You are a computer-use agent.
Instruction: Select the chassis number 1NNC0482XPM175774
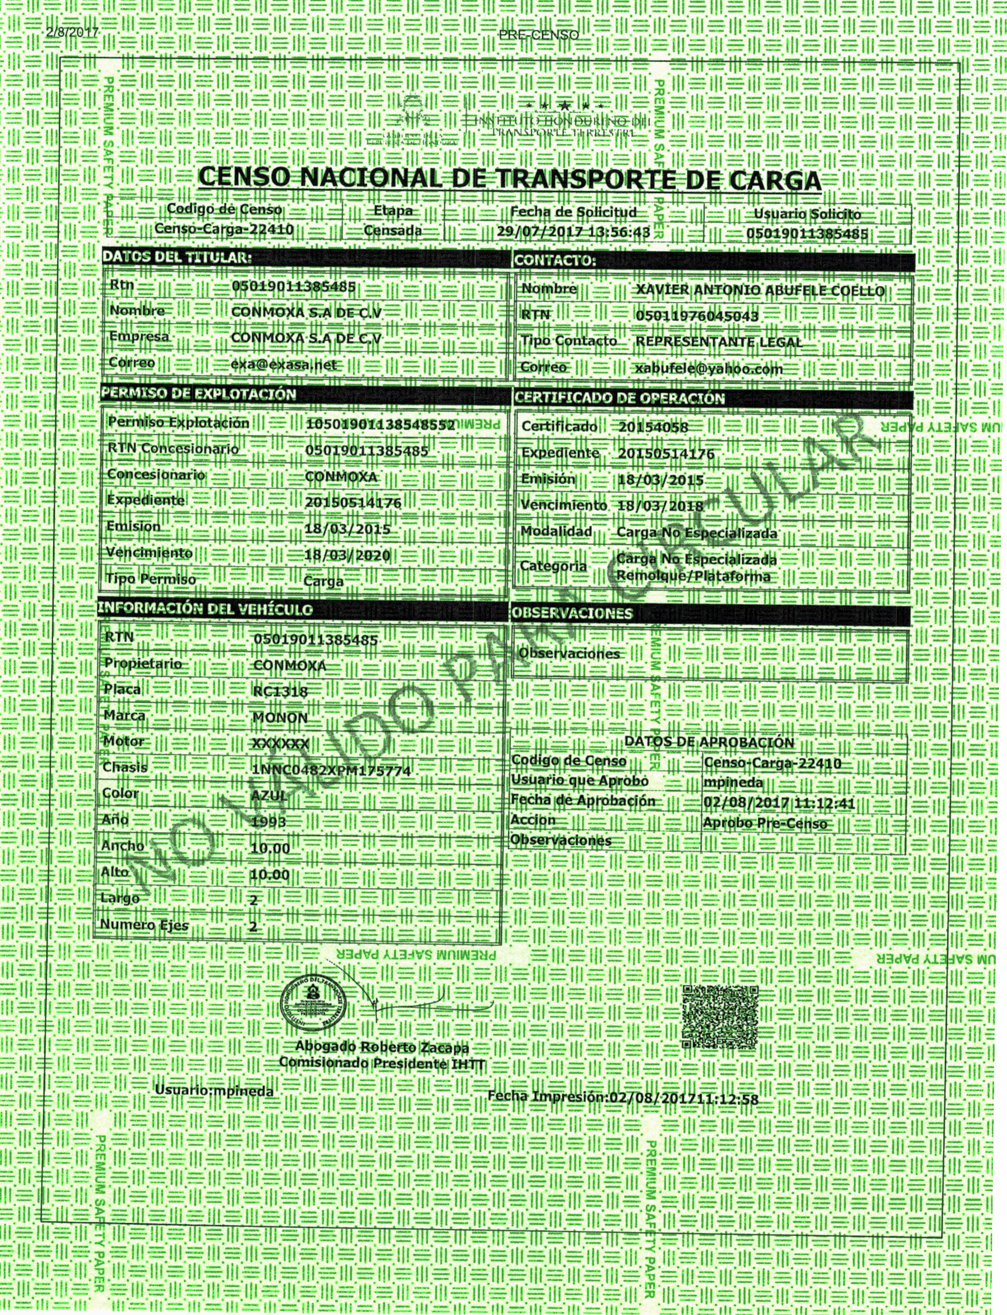click(331, 770)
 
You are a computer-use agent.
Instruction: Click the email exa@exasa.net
click(284, 364)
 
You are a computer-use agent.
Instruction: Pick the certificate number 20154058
click(653, 427)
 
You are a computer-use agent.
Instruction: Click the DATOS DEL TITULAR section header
click(176, 258)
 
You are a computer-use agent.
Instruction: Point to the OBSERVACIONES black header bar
click(710, 614)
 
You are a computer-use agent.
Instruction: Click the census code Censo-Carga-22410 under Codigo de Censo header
click(223, 229)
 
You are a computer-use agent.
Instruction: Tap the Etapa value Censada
click(393, 231)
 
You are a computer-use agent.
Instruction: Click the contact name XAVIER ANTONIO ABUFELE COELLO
click(760, 291)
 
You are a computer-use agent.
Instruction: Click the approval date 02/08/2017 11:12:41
click(779, 803)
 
